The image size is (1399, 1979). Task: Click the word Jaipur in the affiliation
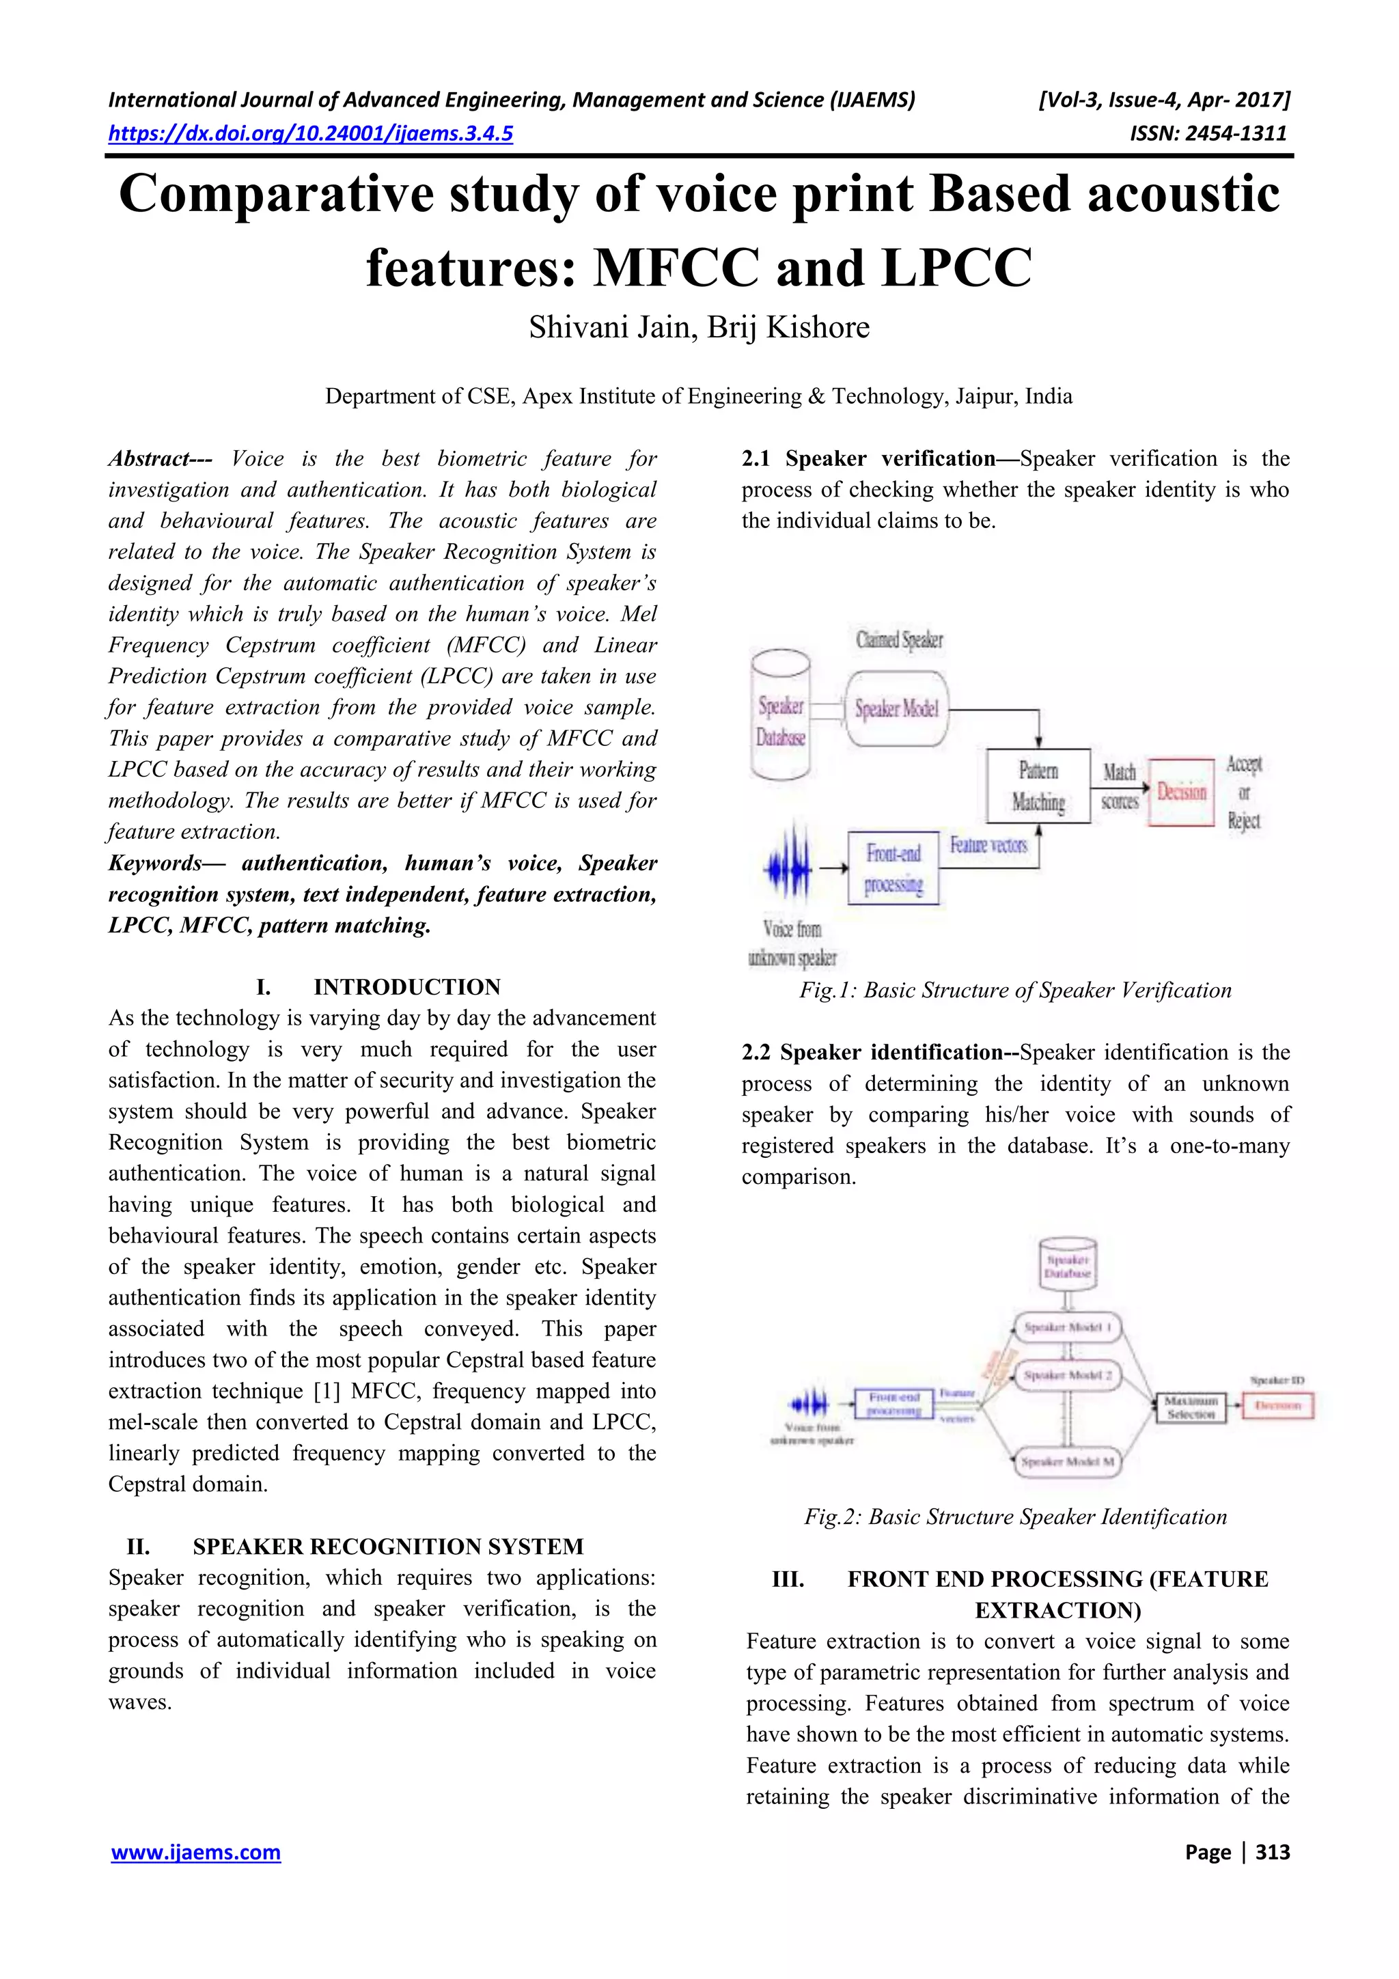coord(986,396)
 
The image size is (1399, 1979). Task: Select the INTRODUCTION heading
coord(407,987)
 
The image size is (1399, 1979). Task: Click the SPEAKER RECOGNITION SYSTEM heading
coord(388,1547)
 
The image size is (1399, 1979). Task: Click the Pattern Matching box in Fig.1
coord(1038,786)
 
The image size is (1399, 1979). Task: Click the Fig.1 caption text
coord(1015,991)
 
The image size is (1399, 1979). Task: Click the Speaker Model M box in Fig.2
coord(1067,1462)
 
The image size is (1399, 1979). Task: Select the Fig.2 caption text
coord(1015,1517)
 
